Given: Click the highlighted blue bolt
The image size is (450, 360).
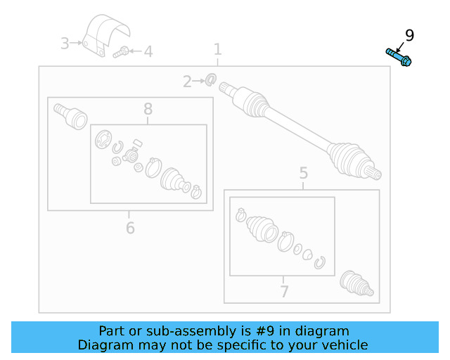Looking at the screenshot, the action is (x=399, y=57).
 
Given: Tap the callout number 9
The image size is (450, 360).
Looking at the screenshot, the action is (x=409, y=36).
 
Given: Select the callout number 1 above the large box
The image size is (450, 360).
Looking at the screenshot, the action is (x=218, y=49).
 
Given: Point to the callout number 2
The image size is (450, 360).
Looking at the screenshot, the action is (x=187, y=82).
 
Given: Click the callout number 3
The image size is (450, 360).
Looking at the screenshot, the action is (x=65, y=44).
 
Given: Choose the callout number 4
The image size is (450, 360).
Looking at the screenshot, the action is (x=148, y=51).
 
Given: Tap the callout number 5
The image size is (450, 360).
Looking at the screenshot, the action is (x=304, y=173).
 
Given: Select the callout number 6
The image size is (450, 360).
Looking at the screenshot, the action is (x=130, y=228).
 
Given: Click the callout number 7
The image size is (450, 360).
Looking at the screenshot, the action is (x=284, y=291).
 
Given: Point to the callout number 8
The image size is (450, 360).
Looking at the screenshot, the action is (x=148, y=109).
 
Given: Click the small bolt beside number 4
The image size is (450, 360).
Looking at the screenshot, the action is (x=121, y=52).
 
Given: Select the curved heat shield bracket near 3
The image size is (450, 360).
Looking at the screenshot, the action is (x=106, y=34).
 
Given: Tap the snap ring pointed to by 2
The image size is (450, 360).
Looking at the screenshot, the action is (x=211, y=79).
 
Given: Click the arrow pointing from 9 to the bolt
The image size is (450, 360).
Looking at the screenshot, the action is (x=400, y=47).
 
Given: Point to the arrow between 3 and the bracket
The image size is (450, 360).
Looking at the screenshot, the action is (x=76, y=43).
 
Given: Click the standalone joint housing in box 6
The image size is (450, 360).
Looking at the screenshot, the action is (x=70, y=116).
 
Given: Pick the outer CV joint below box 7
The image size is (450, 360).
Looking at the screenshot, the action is (x=356, y=283).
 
